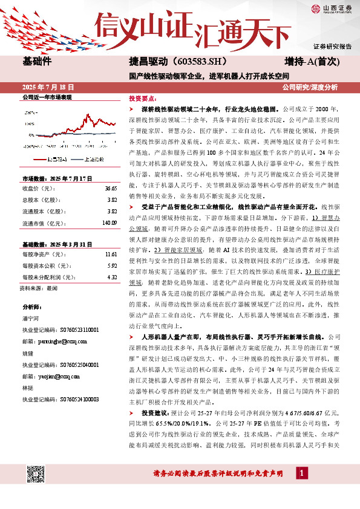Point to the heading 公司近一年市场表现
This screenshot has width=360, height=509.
47,97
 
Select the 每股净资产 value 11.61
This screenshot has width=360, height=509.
110,255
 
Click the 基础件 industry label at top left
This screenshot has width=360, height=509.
37,62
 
